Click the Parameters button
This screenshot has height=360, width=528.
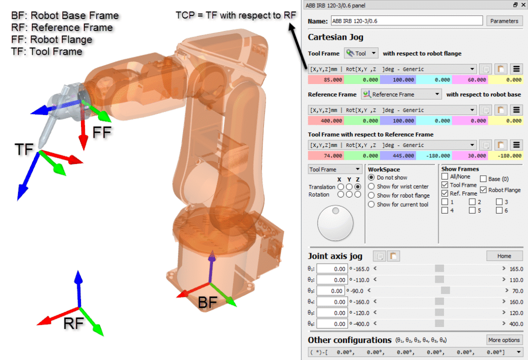(x=504, y=21)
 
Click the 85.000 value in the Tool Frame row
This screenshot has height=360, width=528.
(x=326, y=80)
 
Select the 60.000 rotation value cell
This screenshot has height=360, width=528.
(x=470, y=80)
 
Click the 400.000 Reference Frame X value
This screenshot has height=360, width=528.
(x=326, y=121)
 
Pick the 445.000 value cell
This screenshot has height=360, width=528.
(x=398, y=155)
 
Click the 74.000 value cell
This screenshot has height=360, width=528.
(x=326, y=155)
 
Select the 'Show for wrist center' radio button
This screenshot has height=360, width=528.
(x=372, y=187)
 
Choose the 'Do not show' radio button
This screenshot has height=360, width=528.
(x=372, y=177)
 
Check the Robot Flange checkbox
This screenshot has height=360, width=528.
(x=484, y=190)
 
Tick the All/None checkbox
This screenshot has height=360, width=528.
(x=445, y=176)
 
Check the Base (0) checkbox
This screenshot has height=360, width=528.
(x=484, y=179)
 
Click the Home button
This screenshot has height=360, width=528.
(x=504, y=256)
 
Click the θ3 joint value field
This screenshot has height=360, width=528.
(x=329, y=291)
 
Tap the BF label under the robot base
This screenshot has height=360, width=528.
(x=208, y=303)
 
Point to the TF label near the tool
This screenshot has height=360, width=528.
(x=24, y=150)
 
